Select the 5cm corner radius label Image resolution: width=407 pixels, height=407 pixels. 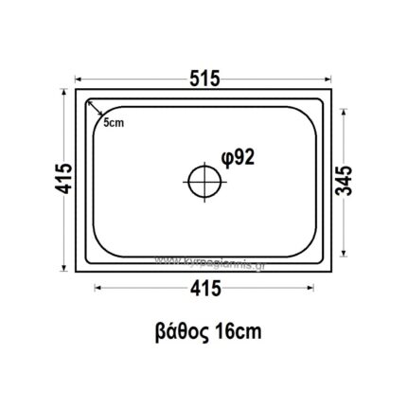point(114,123)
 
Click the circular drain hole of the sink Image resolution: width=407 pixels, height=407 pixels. point(202,181)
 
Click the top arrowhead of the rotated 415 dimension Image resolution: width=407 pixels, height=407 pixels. point(68,97)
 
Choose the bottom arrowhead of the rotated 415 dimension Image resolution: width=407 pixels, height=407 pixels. point(68,268)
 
